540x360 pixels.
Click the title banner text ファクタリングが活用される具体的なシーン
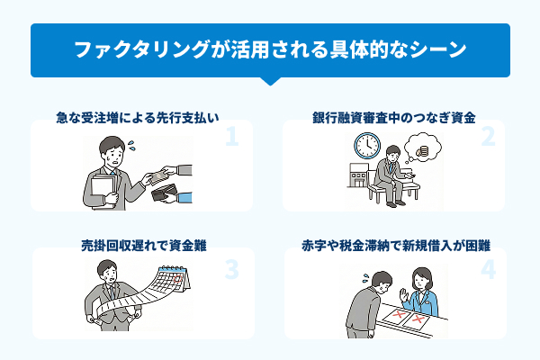point(270,50)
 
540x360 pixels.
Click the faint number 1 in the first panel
point(231,137)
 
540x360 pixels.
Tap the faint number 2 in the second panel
point(488,137)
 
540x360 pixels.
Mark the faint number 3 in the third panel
point(231,267)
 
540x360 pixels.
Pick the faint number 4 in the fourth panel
point(488,267)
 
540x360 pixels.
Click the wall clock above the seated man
point(366,145)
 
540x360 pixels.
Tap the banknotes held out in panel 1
point(163,172)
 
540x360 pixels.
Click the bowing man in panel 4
point(364,306)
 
